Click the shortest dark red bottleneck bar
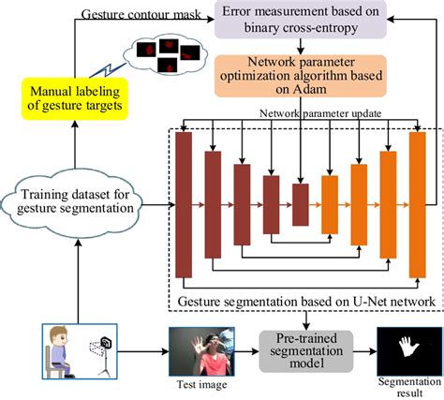point(300,203)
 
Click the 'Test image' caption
point(200,385)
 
